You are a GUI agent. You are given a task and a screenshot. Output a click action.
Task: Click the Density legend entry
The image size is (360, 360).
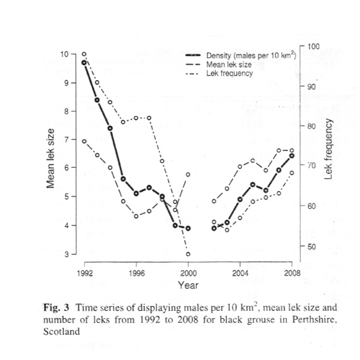coord(241,55)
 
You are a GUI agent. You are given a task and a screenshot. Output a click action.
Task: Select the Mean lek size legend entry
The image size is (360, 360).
coord(219,64)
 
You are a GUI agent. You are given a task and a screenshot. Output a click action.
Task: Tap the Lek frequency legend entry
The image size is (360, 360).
coord(219,74)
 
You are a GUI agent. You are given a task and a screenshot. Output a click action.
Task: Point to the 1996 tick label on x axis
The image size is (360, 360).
coord(137,273)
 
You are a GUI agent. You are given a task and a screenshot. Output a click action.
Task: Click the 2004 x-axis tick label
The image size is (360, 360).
coord(240,273)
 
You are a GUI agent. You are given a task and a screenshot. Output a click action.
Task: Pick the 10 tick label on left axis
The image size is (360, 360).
coord(64,54)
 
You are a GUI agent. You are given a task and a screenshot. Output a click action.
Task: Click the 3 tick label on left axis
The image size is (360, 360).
coord(67,254)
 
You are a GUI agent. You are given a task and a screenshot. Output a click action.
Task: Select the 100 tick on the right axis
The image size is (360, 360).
coord(313,47)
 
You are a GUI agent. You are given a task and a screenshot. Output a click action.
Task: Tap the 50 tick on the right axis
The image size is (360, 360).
coord(311,247)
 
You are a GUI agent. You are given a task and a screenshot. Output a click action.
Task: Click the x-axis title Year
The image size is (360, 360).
coord(188,285)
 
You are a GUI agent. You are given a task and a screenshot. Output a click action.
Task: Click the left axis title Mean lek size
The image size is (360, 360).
coord(50,158)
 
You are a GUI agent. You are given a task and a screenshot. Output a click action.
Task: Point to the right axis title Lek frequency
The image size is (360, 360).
coord(328,149)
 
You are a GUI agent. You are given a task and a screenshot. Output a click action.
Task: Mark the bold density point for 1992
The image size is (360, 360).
coord(84,62)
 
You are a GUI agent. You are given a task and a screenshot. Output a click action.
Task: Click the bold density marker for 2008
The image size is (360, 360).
coord(292,156)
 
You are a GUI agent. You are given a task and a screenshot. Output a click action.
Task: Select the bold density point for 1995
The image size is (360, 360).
coord(124,179)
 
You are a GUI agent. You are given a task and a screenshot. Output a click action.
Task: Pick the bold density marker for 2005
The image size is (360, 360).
coord(253,185)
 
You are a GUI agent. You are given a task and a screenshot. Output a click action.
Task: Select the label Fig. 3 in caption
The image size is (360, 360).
coord(56,308)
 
